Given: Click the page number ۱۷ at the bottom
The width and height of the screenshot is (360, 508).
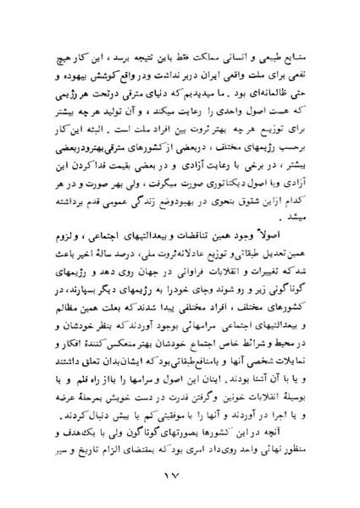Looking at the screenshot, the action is coord(179,480).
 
